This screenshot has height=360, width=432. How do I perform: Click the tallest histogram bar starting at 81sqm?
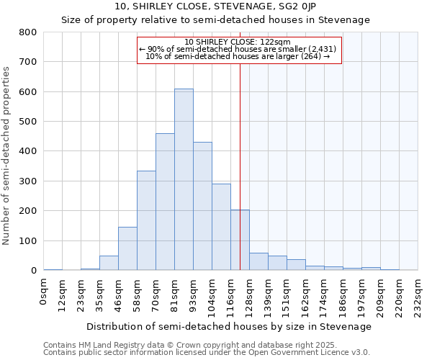pos(184,180)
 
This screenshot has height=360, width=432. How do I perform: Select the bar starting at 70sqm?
pos(165,202)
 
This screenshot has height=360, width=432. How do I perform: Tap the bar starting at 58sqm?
pos(146,220)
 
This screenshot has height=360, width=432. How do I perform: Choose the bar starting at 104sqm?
pos(221,227)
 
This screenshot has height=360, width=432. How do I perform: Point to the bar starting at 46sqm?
pos(127,248)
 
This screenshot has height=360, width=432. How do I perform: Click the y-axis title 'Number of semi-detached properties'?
pos(7,155)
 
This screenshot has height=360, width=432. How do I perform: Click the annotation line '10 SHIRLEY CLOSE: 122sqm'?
pos(238,42)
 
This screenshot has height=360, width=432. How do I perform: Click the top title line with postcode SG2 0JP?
pos(216,6)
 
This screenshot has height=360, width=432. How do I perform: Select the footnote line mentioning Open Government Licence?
pos(207,353)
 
